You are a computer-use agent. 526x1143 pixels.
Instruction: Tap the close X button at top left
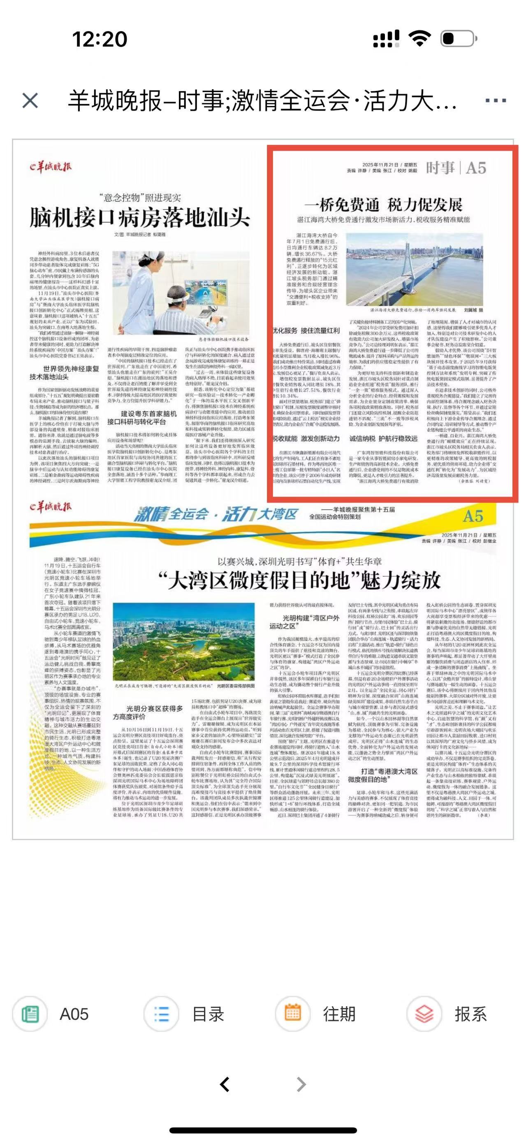tap(30, 101)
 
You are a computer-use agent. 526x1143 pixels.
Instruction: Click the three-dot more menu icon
tap(496, 101)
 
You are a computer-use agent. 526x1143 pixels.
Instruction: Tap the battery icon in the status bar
tap(458, 39)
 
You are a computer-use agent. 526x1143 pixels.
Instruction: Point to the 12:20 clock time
tap(100, 39)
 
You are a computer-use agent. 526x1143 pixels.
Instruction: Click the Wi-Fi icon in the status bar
tap(419, 39)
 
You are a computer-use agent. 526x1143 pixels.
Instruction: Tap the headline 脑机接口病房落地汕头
tap(139, 218)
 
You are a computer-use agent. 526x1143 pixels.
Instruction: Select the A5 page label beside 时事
tap(476, 168)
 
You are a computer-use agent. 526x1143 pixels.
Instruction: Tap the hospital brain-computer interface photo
tap(180, 292)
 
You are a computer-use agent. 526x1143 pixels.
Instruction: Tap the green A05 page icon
tap(30, 1014)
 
